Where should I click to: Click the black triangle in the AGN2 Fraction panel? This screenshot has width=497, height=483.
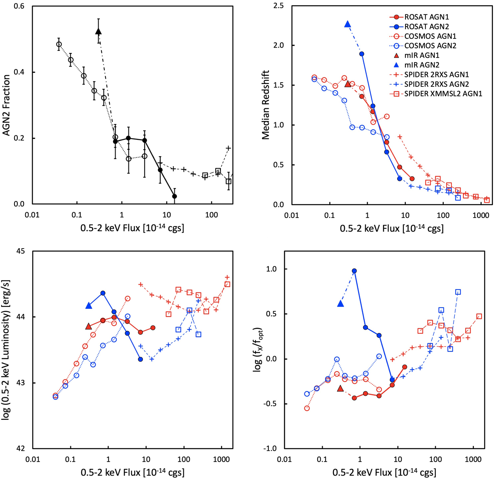(x=99, y=31)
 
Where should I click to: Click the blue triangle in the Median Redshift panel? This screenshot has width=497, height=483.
(x=348, y=24)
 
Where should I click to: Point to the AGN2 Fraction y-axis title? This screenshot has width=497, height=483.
(x=7, y=105)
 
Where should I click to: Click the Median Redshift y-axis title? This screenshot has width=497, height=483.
(x=266, y=105)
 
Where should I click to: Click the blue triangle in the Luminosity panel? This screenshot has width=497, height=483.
(x=89, y=306)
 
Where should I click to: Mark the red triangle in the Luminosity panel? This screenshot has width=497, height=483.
(x=89, y=327)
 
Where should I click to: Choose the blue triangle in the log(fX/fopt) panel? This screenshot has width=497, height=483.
(x=341, y=304)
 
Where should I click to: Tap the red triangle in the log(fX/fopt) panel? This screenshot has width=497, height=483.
(x=341, y=389)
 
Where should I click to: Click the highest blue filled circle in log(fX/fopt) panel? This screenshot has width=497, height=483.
(x=354, y=271)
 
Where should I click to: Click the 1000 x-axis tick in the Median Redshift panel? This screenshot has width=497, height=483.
(x=481, y=216)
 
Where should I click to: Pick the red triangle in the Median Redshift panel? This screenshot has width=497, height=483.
(x=348, y=84)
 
